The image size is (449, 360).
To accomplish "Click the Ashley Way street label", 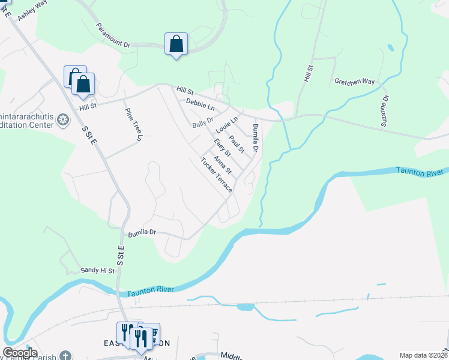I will click(32, 11).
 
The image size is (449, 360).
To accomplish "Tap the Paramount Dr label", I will click(113, 36).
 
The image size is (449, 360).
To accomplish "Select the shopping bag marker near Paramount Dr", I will click(176, 44).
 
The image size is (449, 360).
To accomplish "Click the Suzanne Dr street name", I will click(385, 111).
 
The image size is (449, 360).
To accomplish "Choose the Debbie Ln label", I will click(200, 104).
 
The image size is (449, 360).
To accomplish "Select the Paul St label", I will click(237, 144).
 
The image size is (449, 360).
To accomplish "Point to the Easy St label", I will click(222, 148).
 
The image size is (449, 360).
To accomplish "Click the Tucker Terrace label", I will click(216, 175).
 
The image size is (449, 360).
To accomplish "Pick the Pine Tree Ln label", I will click(133, 125).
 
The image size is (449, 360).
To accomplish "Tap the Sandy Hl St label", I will click(97, 271).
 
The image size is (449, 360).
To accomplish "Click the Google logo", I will click(19, 353).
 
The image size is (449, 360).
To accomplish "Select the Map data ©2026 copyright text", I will click(423, 355).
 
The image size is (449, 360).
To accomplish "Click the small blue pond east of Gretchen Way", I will click(391, 47).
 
